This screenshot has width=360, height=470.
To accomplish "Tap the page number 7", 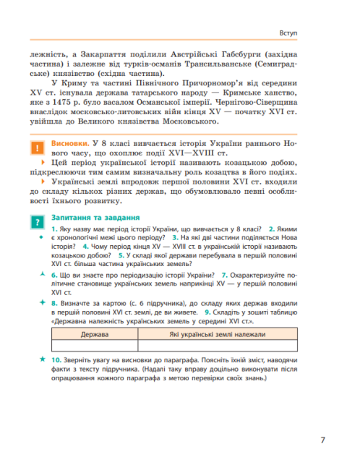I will pyautogui.click(x=322, y=439).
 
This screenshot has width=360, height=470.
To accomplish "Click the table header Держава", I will pyautogui.click(x=95, y=335).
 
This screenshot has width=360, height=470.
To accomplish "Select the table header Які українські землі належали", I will pyautogui.click(x=218, y=335).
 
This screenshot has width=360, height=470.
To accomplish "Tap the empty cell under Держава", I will pyautogui.click(x=95, y=346).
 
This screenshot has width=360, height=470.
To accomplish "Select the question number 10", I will pyautogui.click(x=56, y=359).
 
